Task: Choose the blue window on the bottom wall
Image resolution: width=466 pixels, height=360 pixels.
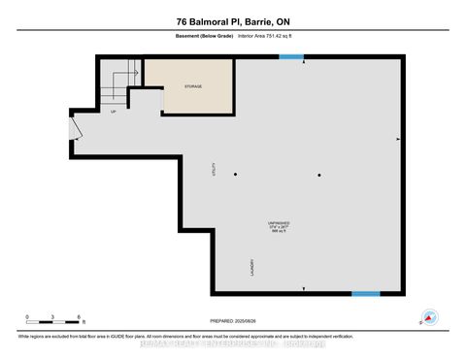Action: point(365,294)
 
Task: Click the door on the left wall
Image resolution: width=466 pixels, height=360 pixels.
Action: point(73,128)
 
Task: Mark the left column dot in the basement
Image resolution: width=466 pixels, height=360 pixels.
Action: point(235,175)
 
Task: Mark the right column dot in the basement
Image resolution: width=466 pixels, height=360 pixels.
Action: point(318,175)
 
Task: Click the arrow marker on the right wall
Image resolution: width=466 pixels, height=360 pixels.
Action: point(398,139)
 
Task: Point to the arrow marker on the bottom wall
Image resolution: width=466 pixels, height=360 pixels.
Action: point(305,290)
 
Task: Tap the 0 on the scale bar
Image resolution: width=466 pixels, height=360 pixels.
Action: point(28,316)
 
